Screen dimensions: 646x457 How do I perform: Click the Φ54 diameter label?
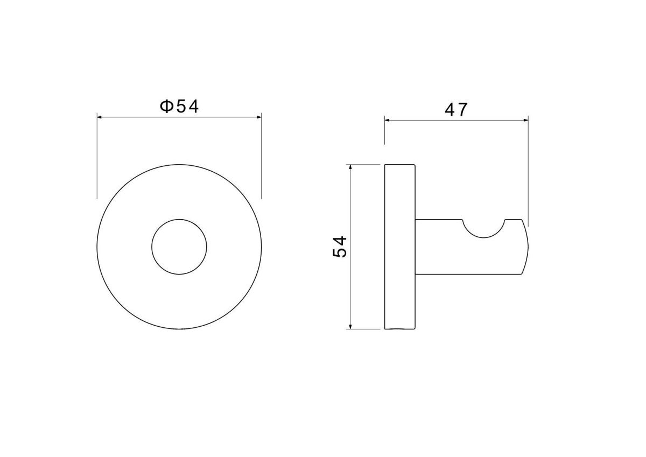pyautogui.click(x=179, y=107)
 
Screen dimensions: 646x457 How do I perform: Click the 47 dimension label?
pyautogui.click(x=456, y=110)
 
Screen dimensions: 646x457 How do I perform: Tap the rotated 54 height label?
pyautogui.click(x=340, y=247)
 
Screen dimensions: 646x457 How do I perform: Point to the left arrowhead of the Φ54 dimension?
pyautogui.click(x=100, y=117)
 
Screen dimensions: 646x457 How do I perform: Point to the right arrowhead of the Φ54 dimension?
pyautogui.click(x=259, y=117)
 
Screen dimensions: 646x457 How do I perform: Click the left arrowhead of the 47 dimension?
pyautogui.click(x=387, y=120)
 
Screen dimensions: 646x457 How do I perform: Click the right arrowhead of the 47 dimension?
pyautogui.click(x=525, y=120)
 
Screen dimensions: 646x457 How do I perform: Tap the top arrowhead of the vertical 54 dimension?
pyautogui.click(x=350, y=167)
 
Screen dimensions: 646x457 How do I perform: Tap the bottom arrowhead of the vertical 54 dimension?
pyautogui.click(x=350, y=326)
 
